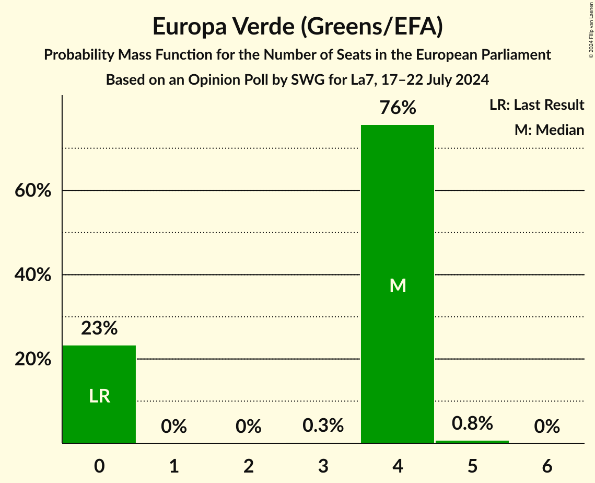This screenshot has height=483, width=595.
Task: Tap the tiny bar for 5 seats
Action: (472, 442)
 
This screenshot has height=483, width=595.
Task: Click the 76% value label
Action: (398, 108)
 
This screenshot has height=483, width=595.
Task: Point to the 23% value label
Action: (99, 329)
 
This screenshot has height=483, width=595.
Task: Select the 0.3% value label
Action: (323, 425)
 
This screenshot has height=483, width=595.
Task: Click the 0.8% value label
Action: (472, 423)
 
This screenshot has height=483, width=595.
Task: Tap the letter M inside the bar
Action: (398, 285)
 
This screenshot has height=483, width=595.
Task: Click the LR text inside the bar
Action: (99, 396)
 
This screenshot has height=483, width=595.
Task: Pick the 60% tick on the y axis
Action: (33, 191)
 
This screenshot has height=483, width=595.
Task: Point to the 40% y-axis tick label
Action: (33, 275)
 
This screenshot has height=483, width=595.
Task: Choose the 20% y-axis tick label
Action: (33, 360)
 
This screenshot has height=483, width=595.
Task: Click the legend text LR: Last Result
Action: (536, 105)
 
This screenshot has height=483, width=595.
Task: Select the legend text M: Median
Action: (549, 130)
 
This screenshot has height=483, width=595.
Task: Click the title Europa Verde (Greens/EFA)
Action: (297, 27)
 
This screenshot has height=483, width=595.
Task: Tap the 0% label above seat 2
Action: (249, 427)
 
